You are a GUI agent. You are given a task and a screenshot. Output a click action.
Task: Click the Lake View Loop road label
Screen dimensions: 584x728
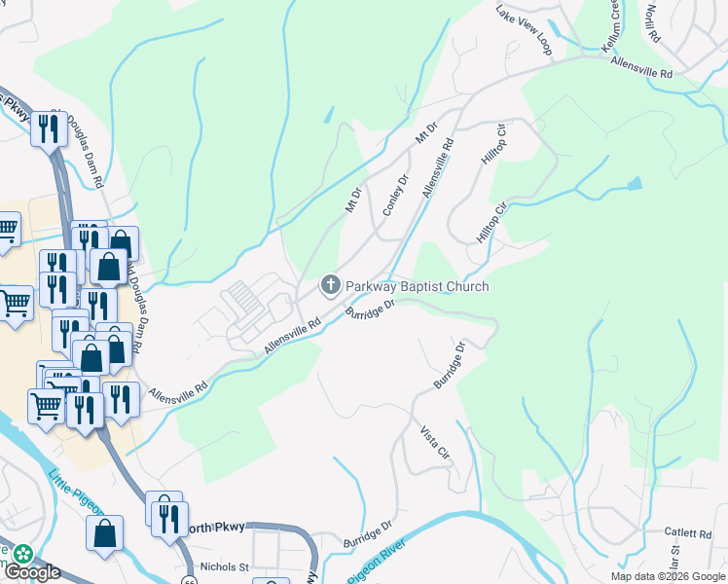523,28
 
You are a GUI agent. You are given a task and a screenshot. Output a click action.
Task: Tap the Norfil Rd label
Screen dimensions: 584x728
650,24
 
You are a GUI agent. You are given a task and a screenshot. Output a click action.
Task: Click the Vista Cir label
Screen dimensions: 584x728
435,442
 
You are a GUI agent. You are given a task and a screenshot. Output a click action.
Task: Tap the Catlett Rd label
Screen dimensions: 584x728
688,533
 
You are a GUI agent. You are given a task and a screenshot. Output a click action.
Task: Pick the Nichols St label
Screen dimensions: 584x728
225,566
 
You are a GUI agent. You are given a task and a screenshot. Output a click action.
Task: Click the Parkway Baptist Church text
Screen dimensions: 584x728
417,286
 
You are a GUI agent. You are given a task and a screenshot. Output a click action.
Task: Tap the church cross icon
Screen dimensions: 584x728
330,286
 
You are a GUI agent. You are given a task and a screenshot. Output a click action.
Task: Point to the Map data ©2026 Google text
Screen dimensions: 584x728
668,576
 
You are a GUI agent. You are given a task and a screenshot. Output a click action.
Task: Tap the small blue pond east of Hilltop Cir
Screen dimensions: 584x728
636,183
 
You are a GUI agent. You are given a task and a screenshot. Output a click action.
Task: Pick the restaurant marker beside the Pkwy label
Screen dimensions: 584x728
49,128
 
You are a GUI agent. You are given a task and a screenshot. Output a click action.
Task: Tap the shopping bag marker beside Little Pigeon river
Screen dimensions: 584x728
104,532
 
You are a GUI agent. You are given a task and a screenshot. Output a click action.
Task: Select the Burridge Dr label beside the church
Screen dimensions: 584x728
369,309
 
